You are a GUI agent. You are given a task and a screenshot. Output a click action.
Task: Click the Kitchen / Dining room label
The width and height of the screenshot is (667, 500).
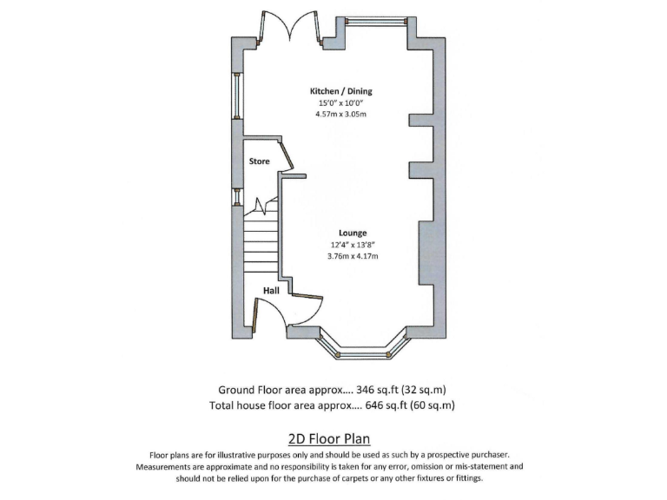(341, 91)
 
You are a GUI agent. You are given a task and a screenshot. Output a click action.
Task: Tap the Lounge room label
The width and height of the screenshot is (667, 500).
(353, 233)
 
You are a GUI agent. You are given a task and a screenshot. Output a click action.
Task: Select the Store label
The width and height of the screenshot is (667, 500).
(259, 161)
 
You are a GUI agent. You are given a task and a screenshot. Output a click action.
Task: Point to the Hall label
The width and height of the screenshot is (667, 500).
(270, 290)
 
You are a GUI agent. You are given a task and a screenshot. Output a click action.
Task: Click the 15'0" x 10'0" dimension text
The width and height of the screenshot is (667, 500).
(341, 103)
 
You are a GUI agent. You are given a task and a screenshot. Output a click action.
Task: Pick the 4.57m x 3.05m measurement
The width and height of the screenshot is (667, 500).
(341, 115)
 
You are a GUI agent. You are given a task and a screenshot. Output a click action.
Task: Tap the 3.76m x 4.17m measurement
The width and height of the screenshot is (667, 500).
(353, 256)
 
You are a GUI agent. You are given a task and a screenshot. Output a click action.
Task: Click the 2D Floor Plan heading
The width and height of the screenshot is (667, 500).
(333, 439)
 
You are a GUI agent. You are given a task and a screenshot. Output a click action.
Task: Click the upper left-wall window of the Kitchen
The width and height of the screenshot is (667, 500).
(234, 95)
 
